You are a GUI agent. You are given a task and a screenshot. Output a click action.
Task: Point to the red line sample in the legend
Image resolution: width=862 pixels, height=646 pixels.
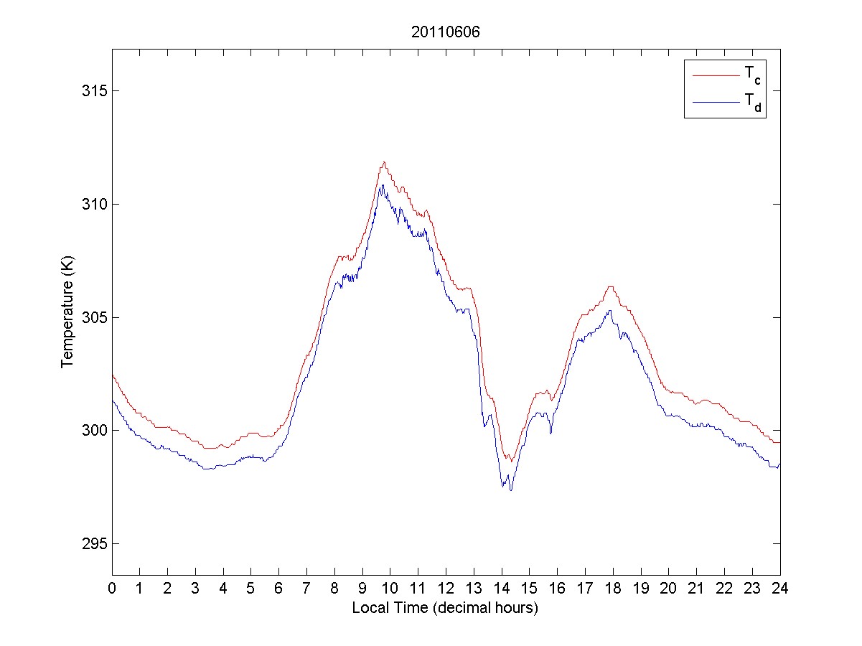coord(716,74)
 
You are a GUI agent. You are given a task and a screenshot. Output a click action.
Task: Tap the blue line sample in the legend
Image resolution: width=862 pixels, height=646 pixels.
coord(716,103)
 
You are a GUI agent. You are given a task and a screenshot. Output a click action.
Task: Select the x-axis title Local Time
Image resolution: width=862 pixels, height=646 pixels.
coord(445,608)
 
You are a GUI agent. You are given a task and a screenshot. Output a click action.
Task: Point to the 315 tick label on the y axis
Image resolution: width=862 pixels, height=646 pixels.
coord(93,91)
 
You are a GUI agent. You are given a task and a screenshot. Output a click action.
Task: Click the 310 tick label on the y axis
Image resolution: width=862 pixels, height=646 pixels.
coord(93,205)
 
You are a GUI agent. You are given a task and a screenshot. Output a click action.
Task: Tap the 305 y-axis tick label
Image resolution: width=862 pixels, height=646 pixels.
coord(93,317)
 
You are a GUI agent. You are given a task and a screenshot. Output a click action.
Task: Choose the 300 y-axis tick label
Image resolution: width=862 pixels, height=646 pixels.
coord(93,431)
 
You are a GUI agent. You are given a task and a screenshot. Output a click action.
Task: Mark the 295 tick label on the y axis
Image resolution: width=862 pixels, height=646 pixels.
coord(93,543)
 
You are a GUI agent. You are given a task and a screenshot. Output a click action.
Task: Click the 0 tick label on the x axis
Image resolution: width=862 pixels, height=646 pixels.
coord(112,588)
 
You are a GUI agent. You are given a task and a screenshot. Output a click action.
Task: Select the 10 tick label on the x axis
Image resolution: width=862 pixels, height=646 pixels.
coord(390,588)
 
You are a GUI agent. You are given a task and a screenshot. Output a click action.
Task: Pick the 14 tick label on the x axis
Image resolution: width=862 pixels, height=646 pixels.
coord(501,588)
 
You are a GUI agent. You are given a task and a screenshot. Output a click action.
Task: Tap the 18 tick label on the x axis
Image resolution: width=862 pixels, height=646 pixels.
coord(613,588)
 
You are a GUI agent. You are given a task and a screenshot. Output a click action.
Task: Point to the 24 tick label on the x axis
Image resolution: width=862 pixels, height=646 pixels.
coord(779,588)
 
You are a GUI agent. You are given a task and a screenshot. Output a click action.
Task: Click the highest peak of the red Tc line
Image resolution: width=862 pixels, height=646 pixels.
coord(385,162)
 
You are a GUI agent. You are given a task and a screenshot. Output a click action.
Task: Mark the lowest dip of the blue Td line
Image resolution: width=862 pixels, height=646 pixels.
coord(510,490)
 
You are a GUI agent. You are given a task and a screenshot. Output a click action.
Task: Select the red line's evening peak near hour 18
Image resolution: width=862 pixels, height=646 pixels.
coord(610,286)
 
